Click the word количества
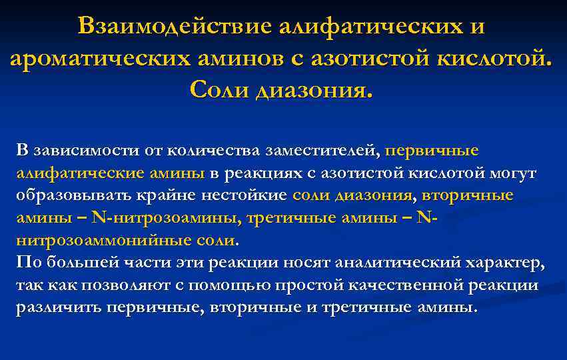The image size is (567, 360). pyautogui.click(x=211, y=150)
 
